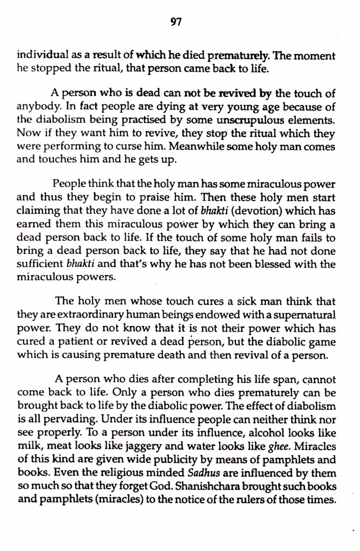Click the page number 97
coord(176,22)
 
